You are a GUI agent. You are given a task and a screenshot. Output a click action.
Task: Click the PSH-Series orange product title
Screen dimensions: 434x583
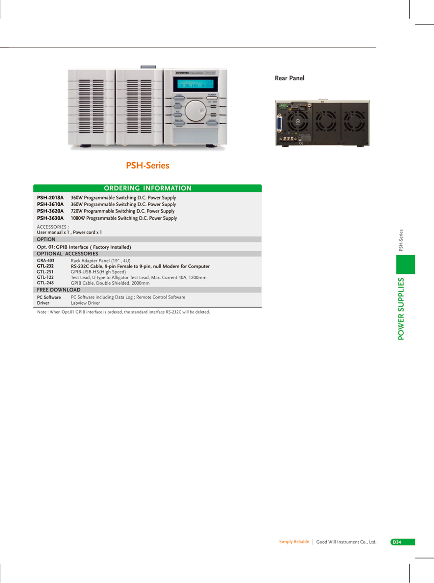(148, 165)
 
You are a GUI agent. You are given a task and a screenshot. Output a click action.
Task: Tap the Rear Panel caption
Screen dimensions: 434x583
(289, 78)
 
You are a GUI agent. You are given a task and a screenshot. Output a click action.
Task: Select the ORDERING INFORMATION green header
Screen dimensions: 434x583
(148, 188)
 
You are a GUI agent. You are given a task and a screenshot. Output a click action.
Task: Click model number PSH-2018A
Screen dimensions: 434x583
(50, 197)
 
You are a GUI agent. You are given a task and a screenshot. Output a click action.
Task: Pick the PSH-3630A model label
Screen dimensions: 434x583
(50, 218)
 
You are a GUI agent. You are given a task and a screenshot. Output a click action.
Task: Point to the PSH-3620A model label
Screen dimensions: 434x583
(50, 211)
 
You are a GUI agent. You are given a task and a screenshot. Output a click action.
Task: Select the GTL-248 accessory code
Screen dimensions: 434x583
(45, 283)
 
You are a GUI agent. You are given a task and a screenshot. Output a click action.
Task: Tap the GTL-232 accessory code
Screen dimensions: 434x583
(45, 266)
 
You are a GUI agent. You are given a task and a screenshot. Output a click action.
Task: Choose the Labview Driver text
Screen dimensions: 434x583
(85, 303)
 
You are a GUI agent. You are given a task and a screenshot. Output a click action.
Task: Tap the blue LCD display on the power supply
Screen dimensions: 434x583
(196, 84)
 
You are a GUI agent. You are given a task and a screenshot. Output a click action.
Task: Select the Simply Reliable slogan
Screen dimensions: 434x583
(294, 542)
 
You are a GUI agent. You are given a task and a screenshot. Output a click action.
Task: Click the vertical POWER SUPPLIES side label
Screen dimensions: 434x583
(401, 309)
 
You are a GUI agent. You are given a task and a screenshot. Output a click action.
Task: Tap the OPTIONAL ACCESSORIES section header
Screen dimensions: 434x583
(68, 254)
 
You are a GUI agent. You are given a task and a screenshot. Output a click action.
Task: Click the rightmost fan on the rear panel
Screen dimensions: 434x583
(354, 121)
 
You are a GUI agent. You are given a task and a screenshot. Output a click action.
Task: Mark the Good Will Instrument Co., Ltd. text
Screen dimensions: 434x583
(346, 542)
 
